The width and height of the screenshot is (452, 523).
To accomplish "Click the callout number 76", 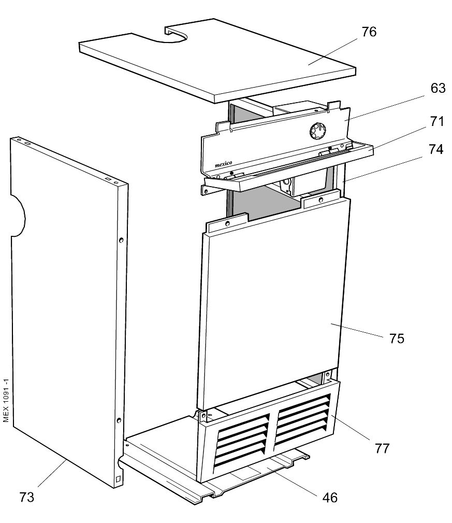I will [x=369, y=32].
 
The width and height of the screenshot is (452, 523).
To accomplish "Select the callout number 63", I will [x=438, y=89].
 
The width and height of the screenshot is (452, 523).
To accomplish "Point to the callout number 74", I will [x=436, y=150].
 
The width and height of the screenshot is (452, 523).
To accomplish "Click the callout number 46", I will [x=330, y=498].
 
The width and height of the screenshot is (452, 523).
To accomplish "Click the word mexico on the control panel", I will [x=225, y=164].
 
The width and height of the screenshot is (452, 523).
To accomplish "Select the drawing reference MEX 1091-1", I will [x=6, y=399].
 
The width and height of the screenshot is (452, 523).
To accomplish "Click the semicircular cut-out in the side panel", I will [x=18, y=216].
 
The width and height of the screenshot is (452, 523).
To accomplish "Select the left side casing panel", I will [x=62, y=311].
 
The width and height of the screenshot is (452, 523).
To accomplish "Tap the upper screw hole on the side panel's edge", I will [x=121, y=240].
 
